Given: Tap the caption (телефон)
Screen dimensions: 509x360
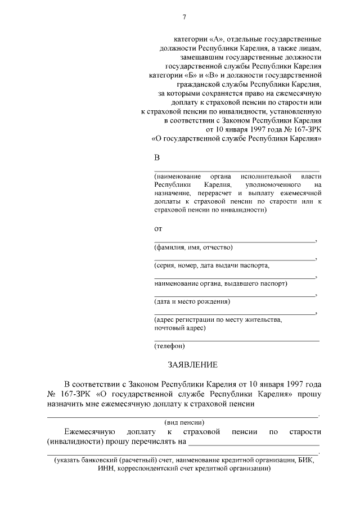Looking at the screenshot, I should [169, 346].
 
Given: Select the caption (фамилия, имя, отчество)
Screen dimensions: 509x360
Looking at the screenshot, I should [193, 247].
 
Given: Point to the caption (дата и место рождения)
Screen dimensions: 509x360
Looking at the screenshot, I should [192, 301].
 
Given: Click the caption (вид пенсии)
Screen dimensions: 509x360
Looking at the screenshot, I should [184, 422].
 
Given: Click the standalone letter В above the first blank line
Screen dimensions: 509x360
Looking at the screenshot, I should [157, 157].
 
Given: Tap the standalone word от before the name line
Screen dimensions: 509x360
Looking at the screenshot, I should [158, 229].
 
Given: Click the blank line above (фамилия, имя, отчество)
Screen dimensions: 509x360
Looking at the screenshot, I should [235, 242].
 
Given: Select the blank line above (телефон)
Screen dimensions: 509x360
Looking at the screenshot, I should [236, 340].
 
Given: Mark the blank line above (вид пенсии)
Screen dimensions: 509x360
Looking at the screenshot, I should [182, 417].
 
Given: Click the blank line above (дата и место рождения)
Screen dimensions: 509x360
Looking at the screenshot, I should [235, 296].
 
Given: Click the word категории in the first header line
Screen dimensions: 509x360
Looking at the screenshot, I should [193, 39].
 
